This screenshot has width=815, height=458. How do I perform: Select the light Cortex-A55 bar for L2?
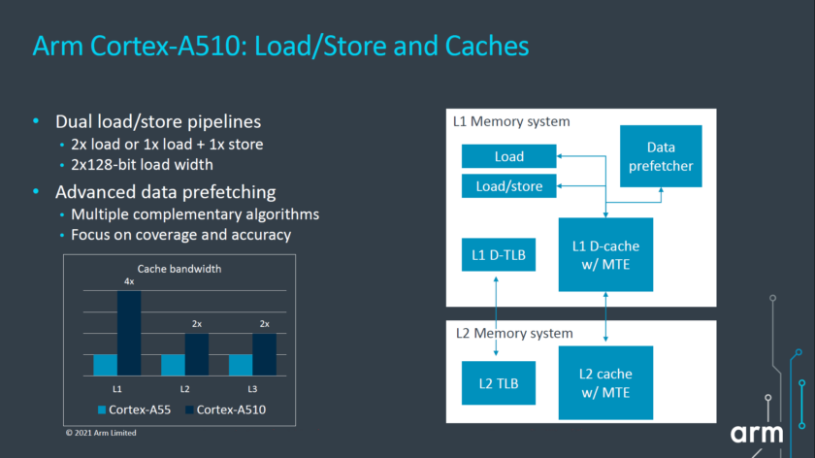(173, 365)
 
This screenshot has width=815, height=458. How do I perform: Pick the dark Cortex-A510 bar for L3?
(264, 354)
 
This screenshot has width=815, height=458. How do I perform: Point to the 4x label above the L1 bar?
(129, 281)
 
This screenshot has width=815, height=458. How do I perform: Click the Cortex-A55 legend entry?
(135, 409)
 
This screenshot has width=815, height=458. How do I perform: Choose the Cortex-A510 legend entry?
(224, 409)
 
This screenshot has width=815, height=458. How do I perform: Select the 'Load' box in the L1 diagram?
(508, 156)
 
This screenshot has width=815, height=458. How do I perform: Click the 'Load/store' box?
(508, 184)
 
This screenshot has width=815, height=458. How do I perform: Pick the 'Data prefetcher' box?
(662, 155)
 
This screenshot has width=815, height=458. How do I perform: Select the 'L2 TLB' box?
(498, 382)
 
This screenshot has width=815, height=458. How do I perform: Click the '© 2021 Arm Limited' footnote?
(101, 433)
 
